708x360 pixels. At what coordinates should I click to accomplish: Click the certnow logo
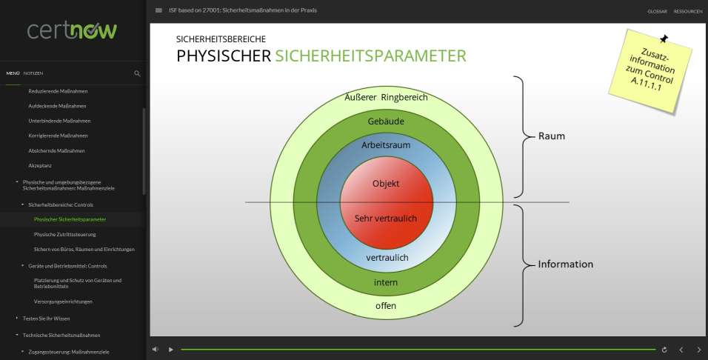[x=72, y=30]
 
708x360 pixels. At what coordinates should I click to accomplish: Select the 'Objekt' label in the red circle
[x=386, y=184]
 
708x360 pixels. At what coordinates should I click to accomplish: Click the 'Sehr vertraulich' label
[x=386, y=218]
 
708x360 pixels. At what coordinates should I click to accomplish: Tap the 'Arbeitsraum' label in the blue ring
[x=386, y=145]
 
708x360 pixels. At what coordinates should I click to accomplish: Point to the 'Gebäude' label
[x=386, y=121]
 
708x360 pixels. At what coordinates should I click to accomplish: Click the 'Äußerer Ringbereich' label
[x=386, y=97]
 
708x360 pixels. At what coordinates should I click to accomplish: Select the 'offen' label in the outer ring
[x=386, y=305]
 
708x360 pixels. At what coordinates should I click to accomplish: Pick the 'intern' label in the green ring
[x=386, y=282]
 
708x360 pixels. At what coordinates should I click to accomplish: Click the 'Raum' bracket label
[x=552, y=136]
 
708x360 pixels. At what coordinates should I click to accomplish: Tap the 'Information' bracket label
[x=565, y=264]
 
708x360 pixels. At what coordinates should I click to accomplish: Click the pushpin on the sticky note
[x=664, y=39]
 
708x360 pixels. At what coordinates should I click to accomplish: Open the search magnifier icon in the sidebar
[x=137, y=73]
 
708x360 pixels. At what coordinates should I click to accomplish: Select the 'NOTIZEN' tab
[x=33, y=73]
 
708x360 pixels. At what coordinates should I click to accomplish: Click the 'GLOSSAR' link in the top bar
[x=657, y=11]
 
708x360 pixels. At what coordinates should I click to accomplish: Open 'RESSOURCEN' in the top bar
[x=688, y=11]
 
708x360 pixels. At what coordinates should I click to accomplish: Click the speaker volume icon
[x=156, y=349]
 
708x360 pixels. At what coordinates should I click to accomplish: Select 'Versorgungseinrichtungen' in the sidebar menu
[x=63, y=301]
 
